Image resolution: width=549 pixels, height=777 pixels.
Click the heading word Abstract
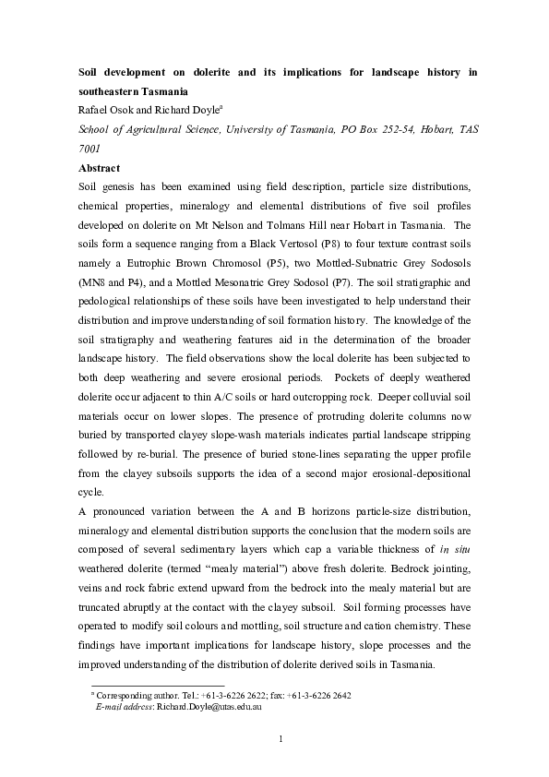[x=100, y=169]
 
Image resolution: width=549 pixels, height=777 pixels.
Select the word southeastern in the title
[x=112, y=92]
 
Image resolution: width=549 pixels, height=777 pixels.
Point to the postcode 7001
[x=90, y=149]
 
